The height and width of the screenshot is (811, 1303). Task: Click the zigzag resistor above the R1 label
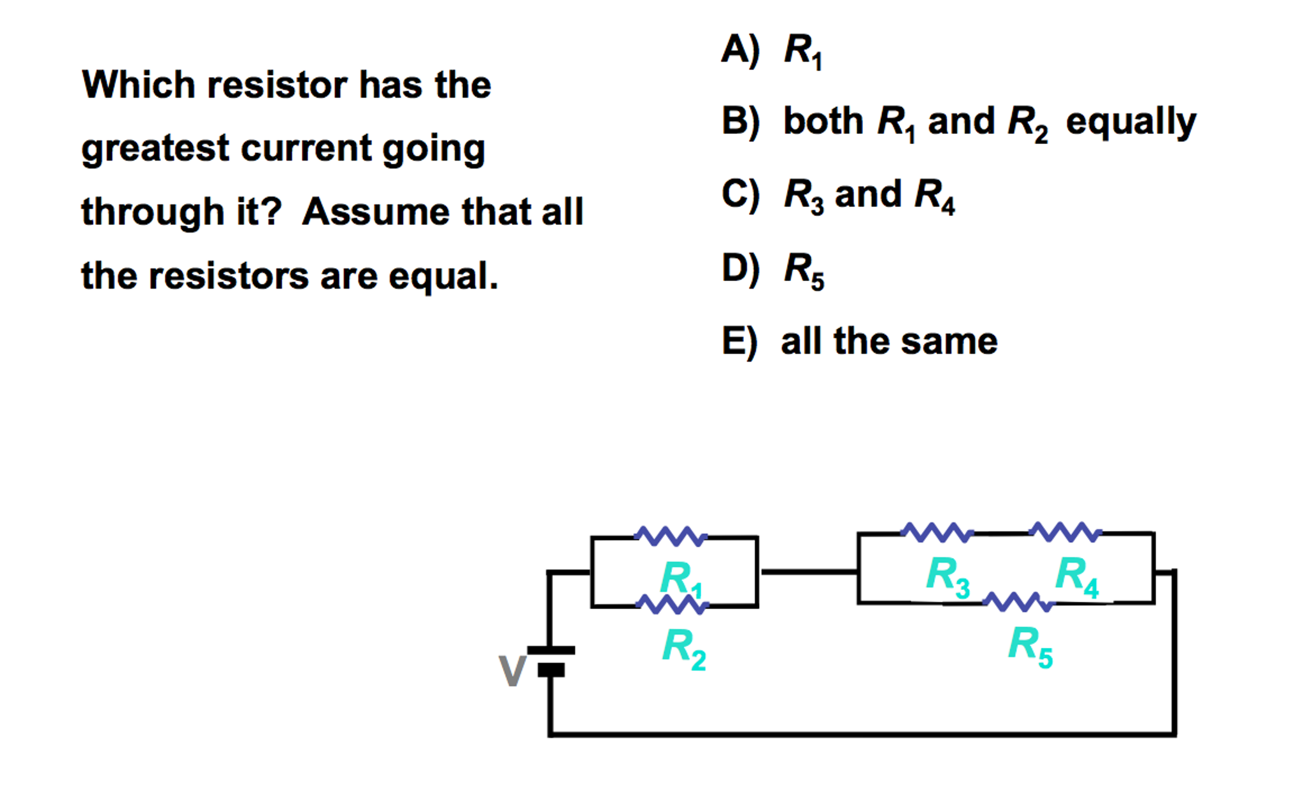(671, 536)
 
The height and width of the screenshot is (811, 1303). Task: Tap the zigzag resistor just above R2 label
(673, 604)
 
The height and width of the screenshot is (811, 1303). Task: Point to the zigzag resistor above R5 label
(1018, 601)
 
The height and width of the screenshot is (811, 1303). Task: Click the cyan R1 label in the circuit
(681, 578)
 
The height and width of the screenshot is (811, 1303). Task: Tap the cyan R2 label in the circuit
(684, 648)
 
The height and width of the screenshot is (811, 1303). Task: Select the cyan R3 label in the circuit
(948, 576)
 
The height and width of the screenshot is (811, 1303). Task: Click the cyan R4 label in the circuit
(1076, 576)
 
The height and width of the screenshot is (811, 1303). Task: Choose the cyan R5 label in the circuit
(1030, 646)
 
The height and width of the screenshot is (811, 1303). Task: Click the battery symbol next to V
(551, 660)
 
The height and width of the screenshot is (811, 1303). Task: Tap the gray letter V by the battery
(512, 670)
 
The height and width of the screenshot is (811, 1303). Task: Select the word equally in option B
(1131, 122)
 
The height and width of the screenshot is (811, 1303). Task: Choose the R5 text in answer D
(804, 270)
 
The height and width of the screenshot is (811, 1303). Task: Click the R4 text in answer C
(934, 196)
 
